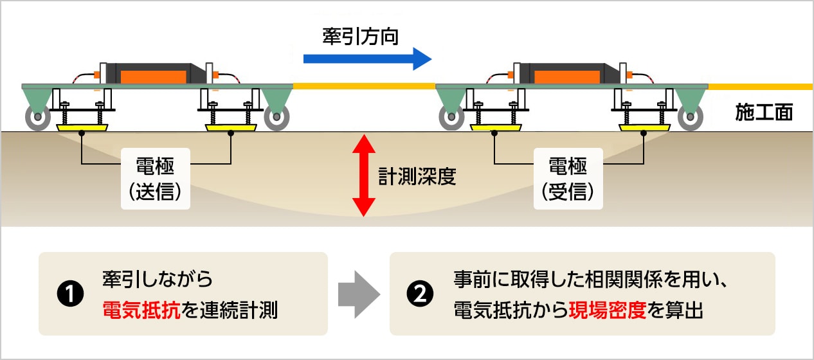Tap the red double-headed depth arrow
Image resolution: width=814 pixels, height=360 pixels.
[x=363, y=175]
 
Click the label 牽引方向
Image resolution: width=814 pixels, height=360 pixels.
[x=361, y=37]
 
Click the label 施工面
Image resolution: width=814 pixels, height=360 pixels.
[x=764, y=113]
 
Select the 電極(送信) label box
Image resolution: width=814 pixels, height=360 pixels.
[x=156, y=178]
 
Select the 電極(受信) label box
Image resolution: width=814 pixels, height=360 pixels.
[x=568, y=178]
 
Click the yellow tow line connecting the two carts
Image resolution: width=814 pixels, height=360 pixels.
[x=364, y=85]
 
